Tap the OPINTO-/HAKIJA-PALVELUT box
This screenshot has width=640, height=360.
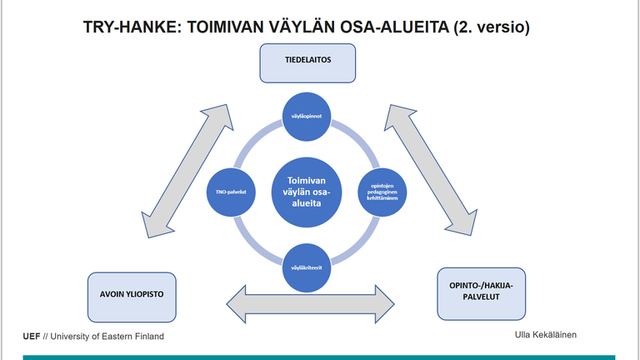pyautogui.click(x=482, y=293)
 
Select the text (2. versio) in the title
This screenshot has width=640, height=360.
pyautogui.click(x=492, y=27)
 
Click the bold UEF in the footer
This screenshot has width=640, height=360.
pyautogui.click(x=32, y=336)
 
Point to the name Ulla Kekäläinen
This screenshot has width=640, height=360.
pyautogui.click(x=546, y=334)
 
